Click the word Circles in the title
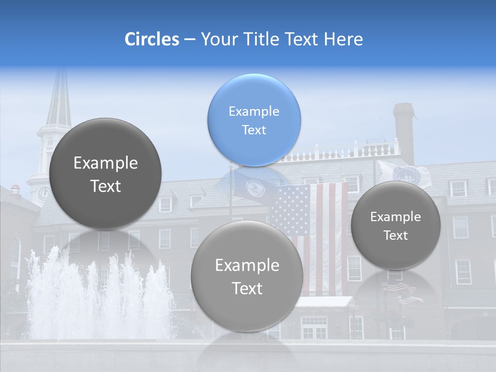[151, 39]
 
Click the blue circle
[254, 120]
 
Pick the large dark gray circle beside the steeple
[105, 174]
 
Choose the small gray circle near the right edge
[396, 225]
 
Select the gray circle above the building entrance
[247, 275]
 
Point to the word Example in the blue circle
[254, 111]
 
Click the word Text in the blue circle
[254, 130]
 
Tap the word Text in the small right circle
[396, 235]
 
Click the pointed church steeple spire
[59, 98]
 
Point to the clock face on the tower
[44, 194]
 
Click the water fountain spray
[98, 295]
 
